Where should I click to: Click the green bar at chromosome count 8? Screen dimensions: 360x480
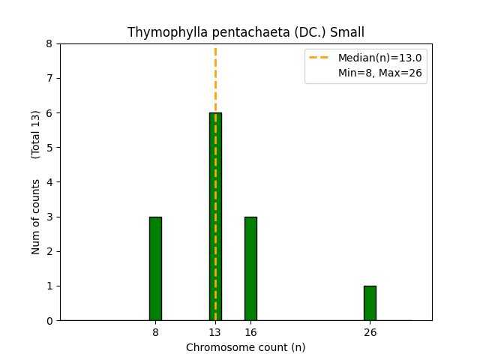click(155, 268)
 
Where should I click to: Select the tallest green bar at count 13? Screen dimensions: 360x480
click(215, 217)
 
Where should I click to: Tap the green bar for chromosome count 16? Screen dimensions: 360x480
click(250, 268)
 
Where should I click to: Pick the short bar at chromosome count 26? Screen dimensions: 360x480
click(370, 303)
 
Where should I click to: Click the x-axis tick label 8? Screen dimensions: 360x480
click(155, 332)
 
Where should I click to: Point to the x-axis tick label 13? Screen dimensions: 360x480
click(215, 332)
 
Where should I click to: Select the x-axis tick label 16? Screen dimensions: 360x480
click(250, 332)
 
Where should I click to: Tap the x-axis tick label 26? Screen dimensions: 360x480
click(370, 332)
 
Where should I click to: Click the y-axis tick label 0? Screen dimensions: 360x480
click(49, 321)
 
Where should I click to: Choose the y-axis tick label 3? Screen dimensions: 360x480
click(49, 217)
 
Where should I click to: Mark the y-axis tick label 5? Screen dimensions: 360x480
click(49, 148)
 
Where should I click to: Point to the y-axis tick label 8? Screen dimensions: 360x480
click(49, 43)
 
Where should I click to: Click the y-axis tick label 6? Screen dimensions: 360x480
click(49, 113)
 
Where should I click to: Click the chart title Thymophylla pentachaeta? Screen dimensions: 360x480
click(246, 32)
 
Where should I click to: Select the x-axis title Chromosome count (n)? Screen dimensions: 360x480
click(246, 347)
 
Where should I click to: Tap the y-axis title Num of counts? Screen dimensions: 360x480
click(36, 216)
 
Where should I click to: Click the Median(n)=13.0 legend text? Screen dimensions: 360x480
click(379, 58)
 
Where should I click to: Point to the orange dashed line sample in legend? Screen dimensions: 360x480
click(320, 58)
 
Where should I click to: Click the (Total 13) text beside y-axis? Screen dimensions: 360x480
click(36, 134)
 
